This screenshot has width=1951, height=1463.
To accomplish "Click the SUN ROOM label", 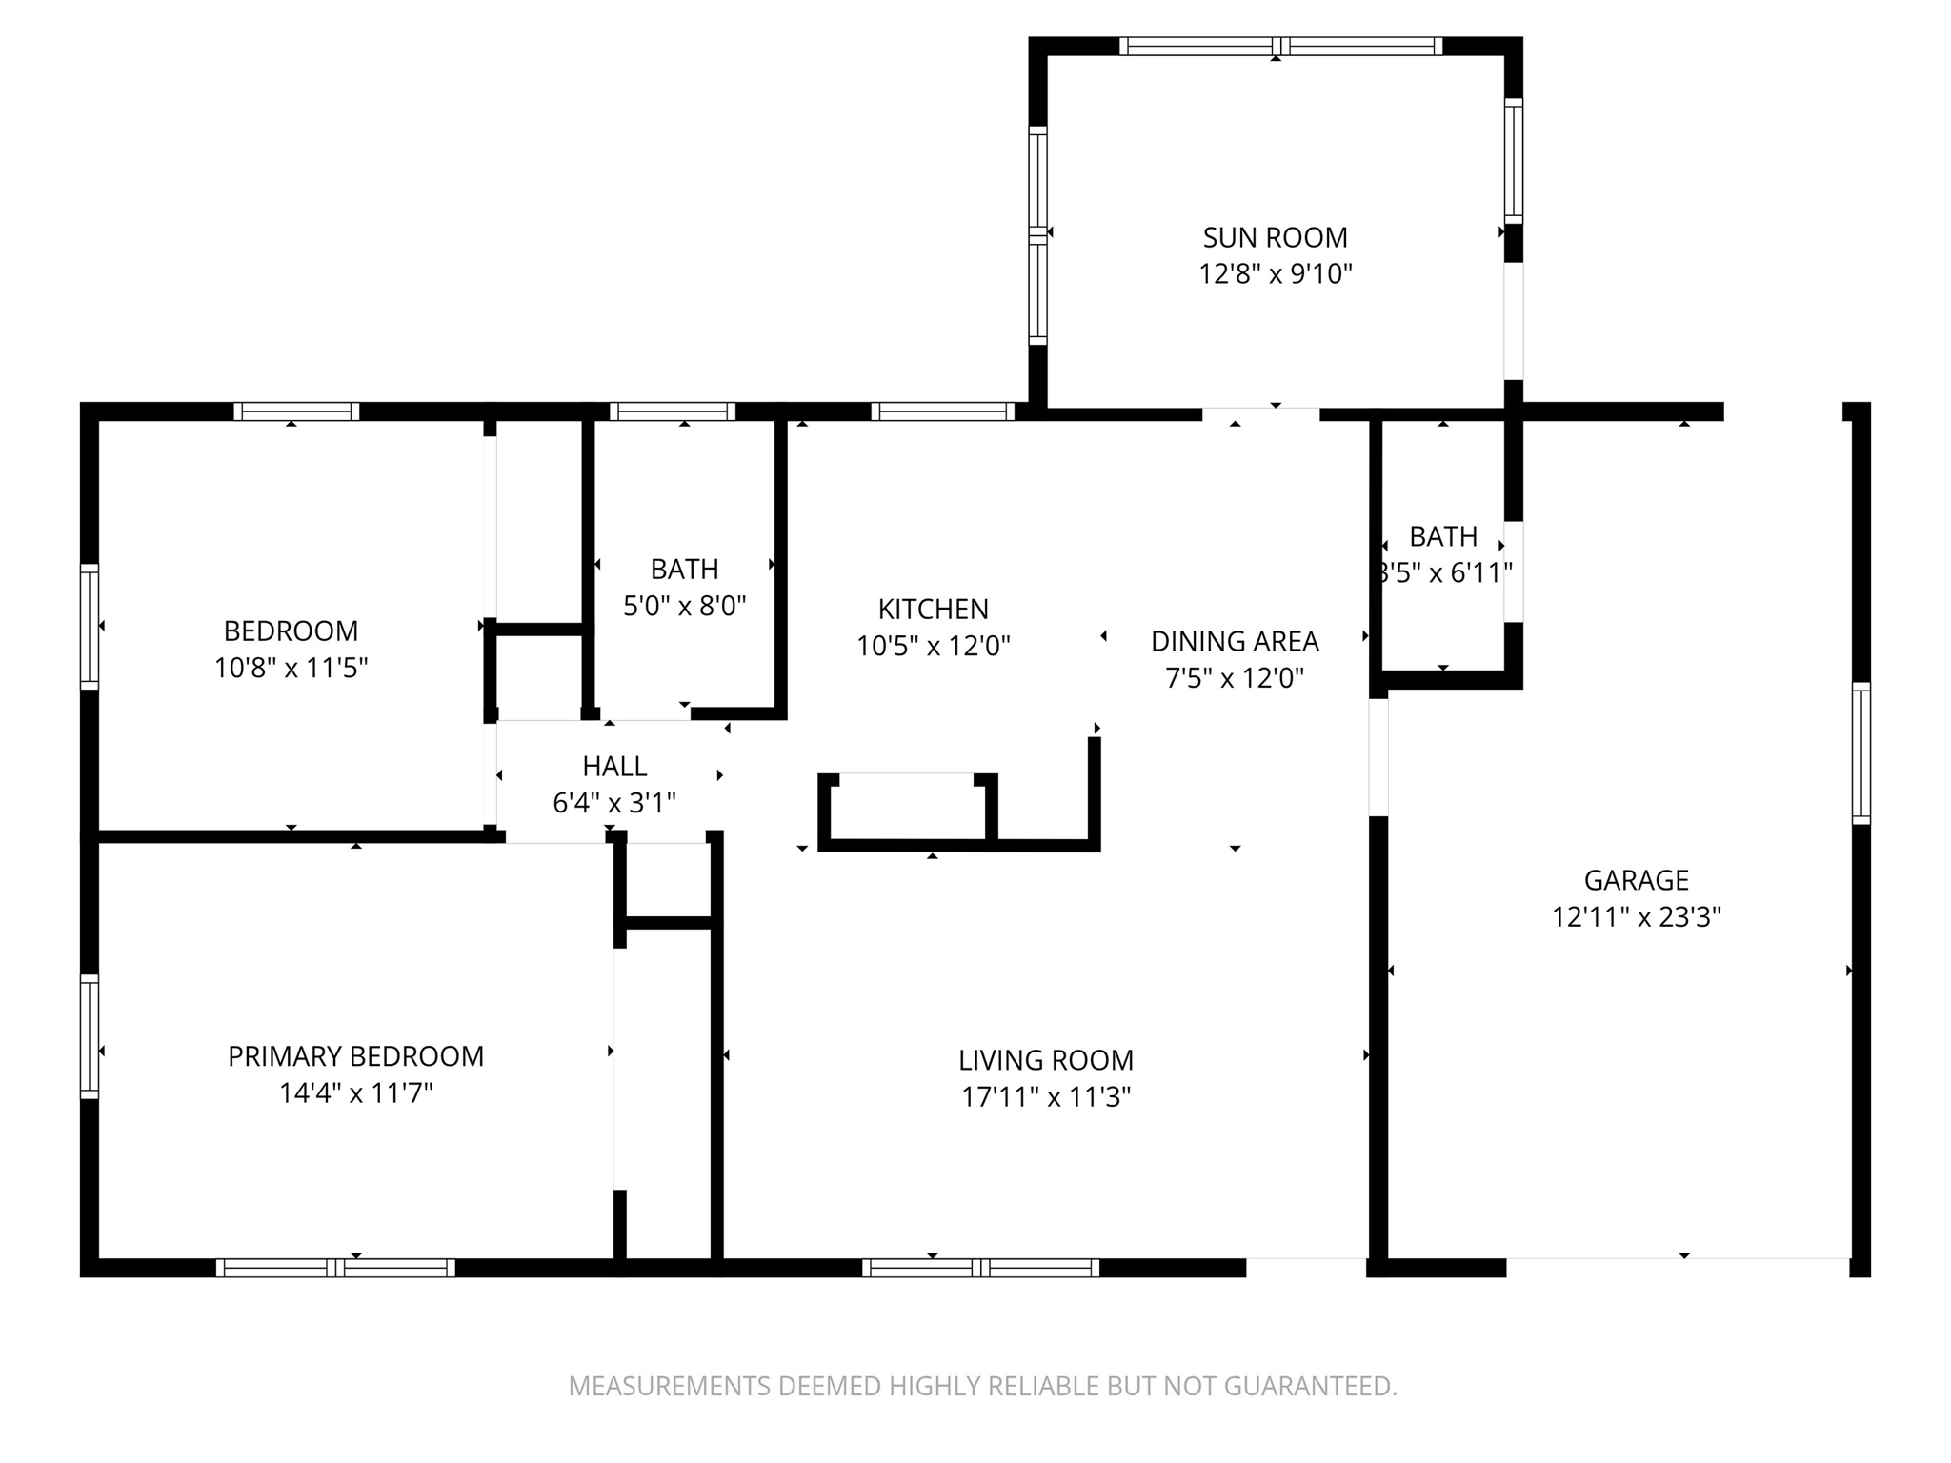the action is coord(1275,237).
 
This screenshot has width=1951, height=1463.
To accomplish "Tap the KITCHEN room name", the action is coord(933,609).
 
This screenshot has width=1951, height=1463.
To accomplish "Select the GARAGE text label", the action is coord(1636,880).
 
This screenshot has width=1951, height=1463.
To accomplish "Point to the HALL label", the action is coord(614,766).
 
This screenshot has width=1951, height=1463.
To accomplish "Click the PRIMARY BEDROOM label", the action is coord(355,1056).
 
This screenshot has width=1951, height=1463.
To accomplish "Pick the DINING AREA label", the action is coord(1235,641).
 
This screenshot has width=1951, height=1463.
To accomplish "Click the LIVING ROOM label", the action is coord(1046,1060).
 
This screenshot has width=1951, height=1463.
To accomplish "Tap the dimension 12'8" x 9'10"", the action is coord(1275,274).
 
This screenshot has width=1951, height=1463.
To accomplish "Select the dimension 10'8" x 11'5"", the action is coord(291,668).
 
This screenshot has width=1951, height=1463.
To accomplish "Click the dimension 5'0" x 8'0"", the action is coord(684,606).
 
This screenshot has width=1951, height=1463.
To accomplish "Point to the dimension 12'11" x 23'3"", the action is coord(1636,917).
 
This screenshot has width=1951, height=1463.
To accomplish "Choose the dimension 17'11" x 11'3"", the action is coord(1046,1097).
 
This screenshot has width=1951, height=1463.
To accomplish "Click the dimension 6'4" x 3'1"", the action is coord(614,803).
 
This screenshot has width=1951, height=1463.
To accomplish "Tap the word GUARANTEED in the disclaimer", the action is coord(1310,1386).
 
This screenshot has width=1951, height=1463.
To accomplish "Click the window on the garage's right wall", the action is coord(1860,752).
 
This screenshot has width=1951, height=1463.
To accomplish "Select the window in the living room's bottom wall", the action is coord(980,1268).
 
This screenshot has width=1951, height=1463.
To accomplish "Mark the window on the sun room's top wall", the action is coord(1279,46).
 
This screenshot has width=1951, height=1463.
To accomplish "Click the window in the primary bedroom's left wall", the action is coord(90,1036).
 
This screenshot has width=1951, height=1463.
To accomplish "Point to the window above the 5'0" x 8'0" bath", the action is coord(673,411).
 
